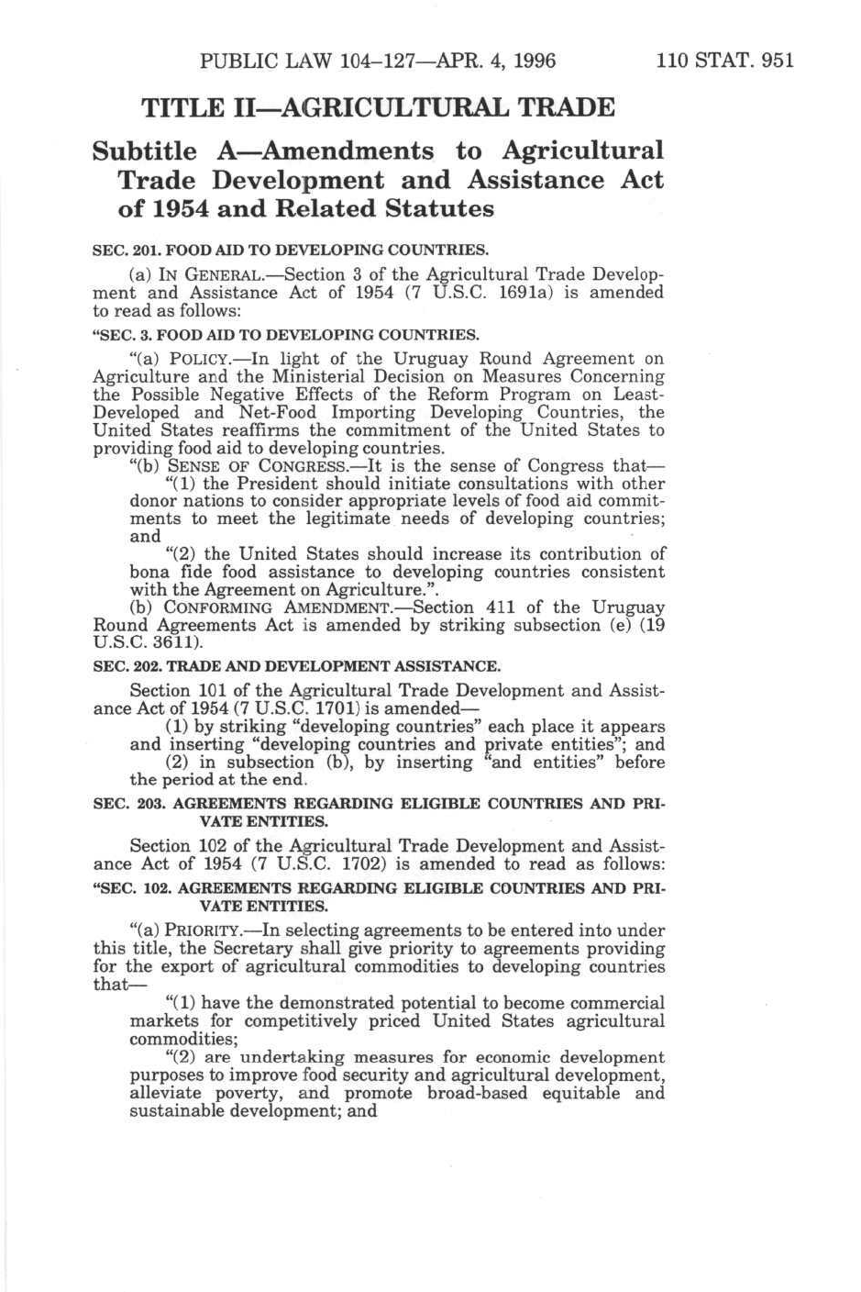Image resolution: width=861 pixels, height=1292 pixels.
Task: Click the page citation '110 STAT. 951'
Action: tap(723, 61)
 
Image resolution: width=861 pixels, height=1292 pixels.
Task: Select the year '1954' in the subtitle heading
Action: tap(173, 209)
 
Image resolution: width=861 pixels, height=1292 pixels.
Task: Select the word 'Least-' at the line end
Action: tap(639, 395)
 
